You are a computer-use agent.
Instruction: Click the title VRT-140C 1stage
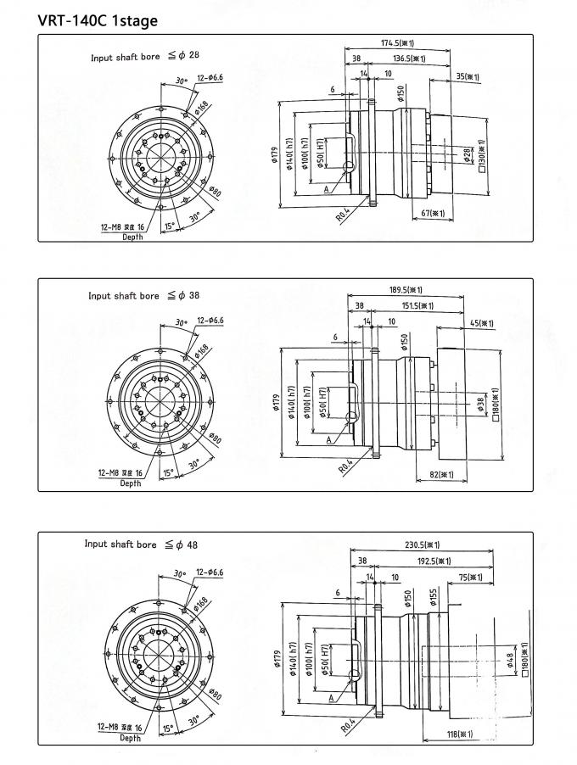(86, 20)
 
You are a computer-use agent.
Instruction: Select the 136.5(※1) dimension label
(408, 59)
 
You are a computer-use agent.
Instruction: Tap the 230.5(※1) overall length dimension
(422, 545)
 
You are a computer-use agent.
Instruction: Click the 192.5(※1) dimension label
(433, 561)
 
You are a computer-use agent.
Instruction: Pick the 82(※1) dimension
(441, 474)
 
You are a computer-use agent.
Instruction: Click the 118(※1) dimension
(458, 734)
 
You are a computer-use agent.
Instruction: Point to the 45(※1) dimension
(480, 322)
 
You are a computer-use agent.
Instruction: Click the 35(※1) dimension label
(468, 77)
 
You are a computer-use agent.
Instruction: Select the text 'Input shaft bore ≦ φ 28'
(145, 58)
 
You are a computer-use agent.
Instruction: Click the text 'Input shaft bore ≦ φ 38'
(143, 296)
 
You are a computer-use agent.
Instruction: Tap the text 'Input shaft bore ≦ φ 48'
(141, 544)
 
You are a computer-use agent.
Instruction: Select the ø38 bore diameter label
(479, 406)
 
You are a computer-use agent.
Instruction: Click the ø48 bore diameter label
(511, 660)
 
